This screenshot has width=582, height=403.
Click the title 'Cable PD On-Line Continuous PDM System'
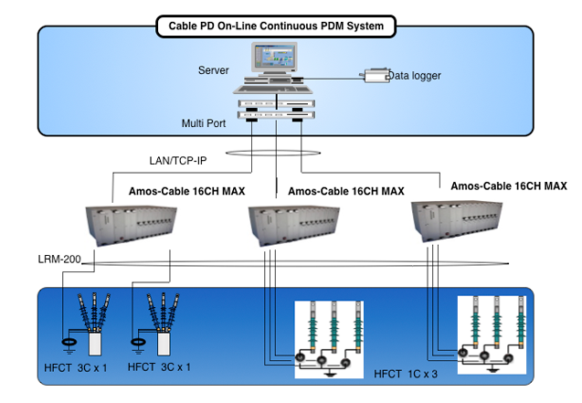pyautogui.click(x=282, y=27)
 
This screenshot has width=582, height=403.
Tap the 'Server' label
pyautogui.click(x=213, y=70)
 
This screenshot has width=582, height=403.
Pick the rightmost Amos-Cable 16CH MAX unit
pyautogui.click(x=456, y=218)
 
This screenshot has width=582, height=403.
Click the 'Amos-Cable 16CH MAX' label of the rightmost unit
pyautogui.click(x=508, y=186)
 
